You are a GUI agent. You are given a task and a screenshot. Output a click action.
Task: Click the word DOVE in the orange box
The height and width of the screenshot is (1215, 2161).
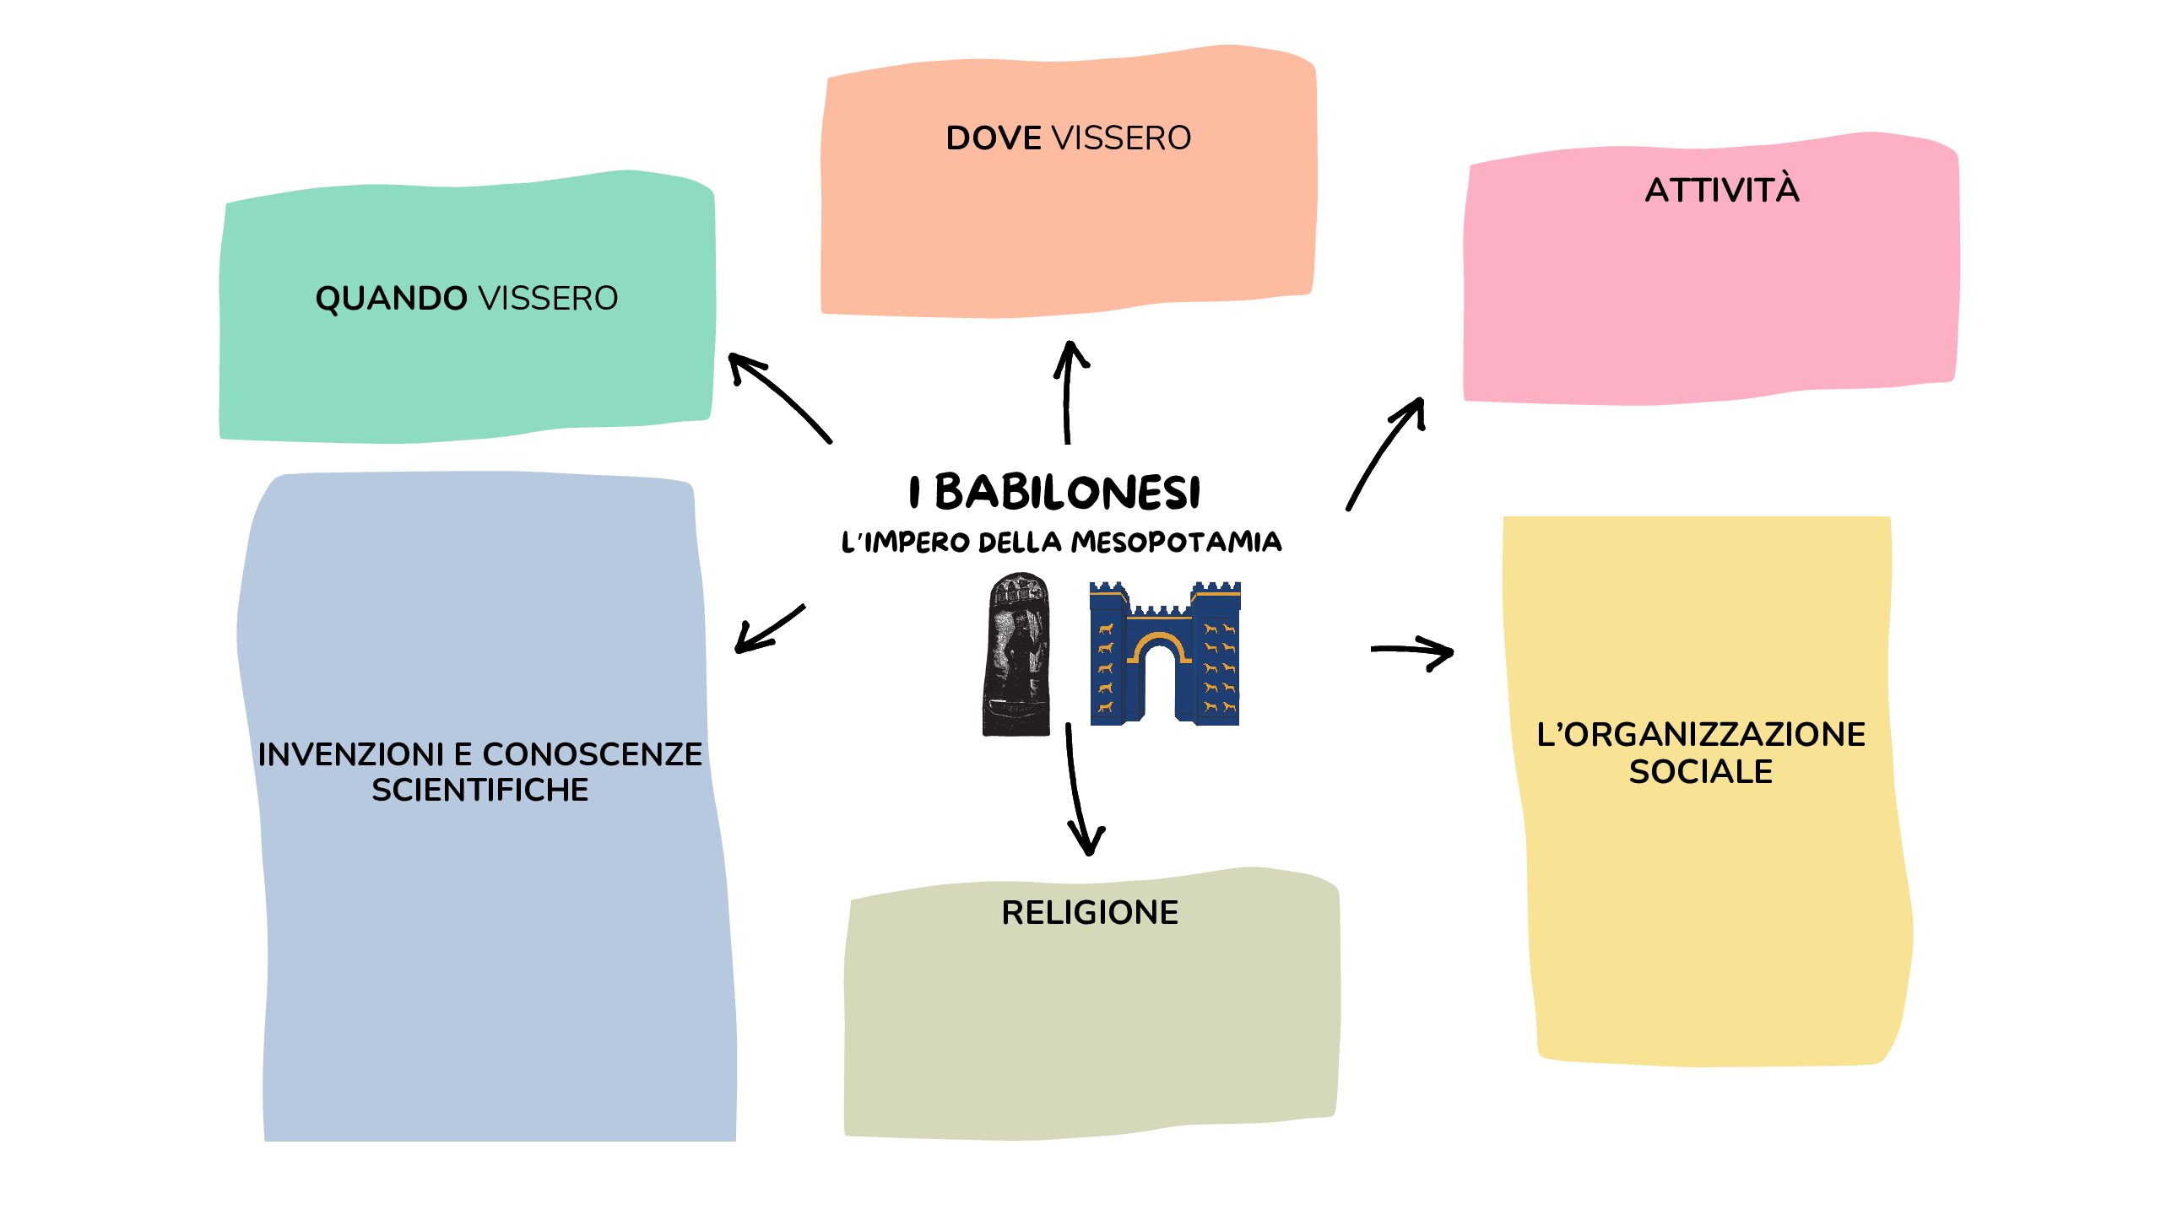coord(994,138)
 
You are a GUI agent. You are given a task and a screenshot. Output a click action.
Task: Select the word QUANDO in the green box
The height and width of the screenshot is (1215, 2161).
coord(391,299)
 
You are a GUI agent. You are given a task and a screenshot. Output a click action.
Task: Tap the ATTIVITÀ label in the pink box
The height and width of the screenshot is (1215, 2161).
coord(1722,190)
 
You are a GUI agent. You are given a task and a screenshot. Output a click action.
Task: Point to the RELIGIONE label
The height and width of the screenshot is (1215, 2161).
coord(1090,912)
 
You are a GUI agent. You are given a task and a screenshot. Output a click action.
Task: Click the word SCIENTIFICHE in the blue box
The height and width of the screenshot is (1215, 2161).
coord(480,790)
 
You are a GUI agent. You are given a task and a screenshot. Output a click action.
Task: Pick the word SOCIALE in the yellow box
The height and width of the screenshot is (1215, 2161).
coord(1700,771)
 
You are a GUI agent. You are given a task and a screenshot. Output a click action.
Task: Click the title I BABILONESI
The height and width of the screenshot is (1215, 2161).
coord(1055,492)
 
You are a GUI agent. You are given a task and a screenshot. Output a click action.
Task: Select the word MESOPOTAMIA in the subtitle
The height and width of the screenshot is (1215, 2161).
coord(1176,542)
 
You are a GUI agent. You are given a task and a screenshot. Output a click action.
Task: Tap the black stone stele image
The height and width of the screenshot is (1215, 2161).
coord(1017,654)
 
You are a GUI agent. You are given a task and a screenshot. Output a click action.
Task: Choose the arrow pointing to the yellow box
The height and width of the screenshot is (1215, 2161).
coord(1412,651)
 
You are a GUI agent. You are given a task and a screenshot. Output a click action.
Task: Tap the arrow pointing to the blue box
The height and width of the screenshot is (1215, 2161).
coord(768,629)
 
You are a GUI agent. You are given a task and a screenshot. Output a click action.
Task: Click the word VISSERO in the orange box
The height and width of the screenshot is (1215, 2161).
coord(1121,138)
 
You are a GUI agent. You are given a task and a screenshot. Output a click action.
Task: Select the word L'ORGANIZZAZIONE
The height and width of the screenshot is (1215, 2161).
coord(1700,734)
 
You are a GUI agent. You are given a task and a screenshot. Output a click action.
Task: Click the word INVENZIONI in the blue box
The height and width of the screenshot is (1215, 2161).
coord(350,754)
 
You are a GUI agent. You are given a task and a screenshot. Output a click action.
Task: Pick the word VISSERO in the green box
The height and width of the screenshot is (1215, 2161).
coord(548,299)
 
